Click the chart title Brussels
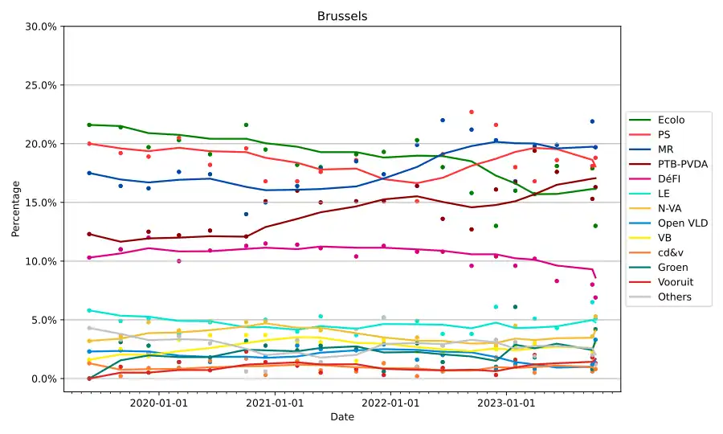point(342,16)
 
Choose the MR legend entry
point(666,149)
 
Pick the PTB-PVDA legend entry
point(682,164)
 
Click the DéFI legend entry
point(670,178)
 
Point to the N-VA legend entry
point(670,208)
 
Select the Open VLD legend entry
point(682,223)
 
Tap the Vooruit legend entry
point(676,282)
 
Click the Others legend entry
point(674,297)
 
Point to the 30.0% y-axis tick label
point(41,27)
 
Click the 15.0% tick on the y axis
point(41,203)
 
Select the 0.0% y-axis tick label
point(43,379)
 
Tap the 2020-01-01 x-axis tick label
point(158,402)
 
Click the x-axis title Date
point(342,417)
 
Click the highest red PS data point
point(472,112)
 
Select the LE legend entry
point(664,194)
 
